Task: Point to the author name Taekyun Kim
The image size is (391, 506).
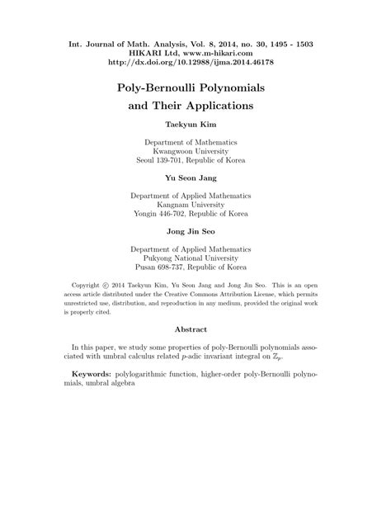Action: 195,126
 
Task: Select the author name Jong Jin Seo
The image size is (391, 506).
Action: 195,232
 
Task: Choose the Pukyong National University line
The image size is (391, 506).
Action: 195,258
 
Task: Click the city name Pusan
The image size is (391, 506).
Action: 148,268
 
